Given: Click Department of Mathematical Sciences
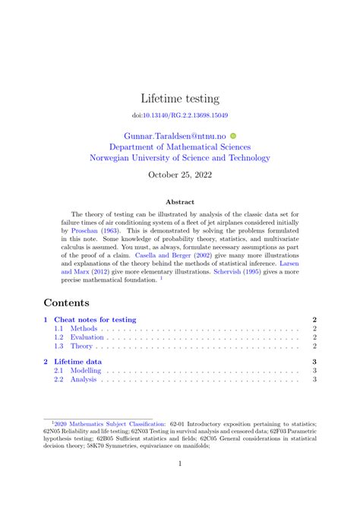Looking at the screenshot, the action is tap(180, 147).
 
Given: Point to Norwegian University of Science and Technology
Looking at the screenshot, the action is tap(180, 158).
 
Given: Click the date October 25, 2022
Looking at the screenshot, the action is tap(180, 175).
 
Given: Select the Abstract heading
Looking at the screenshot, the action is tap(180, 202).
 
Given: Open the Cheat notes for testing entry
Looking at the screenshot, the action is tap(95, 320).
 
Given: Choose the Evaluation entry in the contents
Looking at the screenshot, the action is tap(87, 337).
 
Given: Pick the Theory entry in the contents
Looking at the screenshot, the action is tap(82, 346).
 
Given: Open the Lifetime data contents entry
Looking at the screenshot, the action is tap(78, 362).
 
